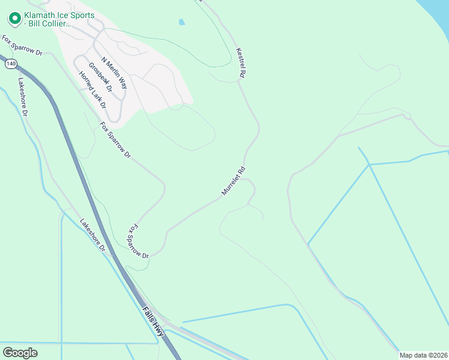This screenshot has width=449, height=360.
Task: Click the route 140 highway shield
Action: click(x=10, y=63)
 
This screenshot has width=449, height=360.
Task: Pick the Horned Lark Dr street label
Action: click(x=92, y=89)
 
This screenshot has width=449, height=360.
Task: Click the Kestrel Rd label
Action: click(x=241, y=62)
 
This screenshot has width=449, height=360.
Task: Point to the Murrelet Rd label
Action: click(x=234, y=181)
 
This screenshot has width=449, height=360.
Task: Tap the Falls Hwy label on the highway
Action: click(x=154, y=323)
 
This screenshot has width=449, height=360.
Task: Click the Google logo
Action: click(x=20, y=352)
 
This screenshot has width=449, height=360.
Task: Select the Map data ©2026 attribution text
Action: click(x=423, y=355)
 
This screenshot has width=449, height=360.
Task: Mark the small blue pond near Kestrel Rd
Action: click(x=181, y=23)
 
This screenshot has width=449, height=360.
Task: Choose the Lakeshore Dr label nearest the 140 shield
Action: click(x=23, y=96)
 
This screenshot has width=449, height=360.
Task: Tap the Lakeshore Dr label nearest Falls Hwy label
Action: click(x=93, y=235)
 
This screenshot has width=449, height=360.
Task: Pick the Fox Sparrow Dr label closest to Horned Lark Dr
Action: click(x=115, y=139)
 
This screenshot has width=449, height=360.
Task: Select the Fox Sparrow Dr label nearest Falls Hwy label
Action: click(x=137, y=241)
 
